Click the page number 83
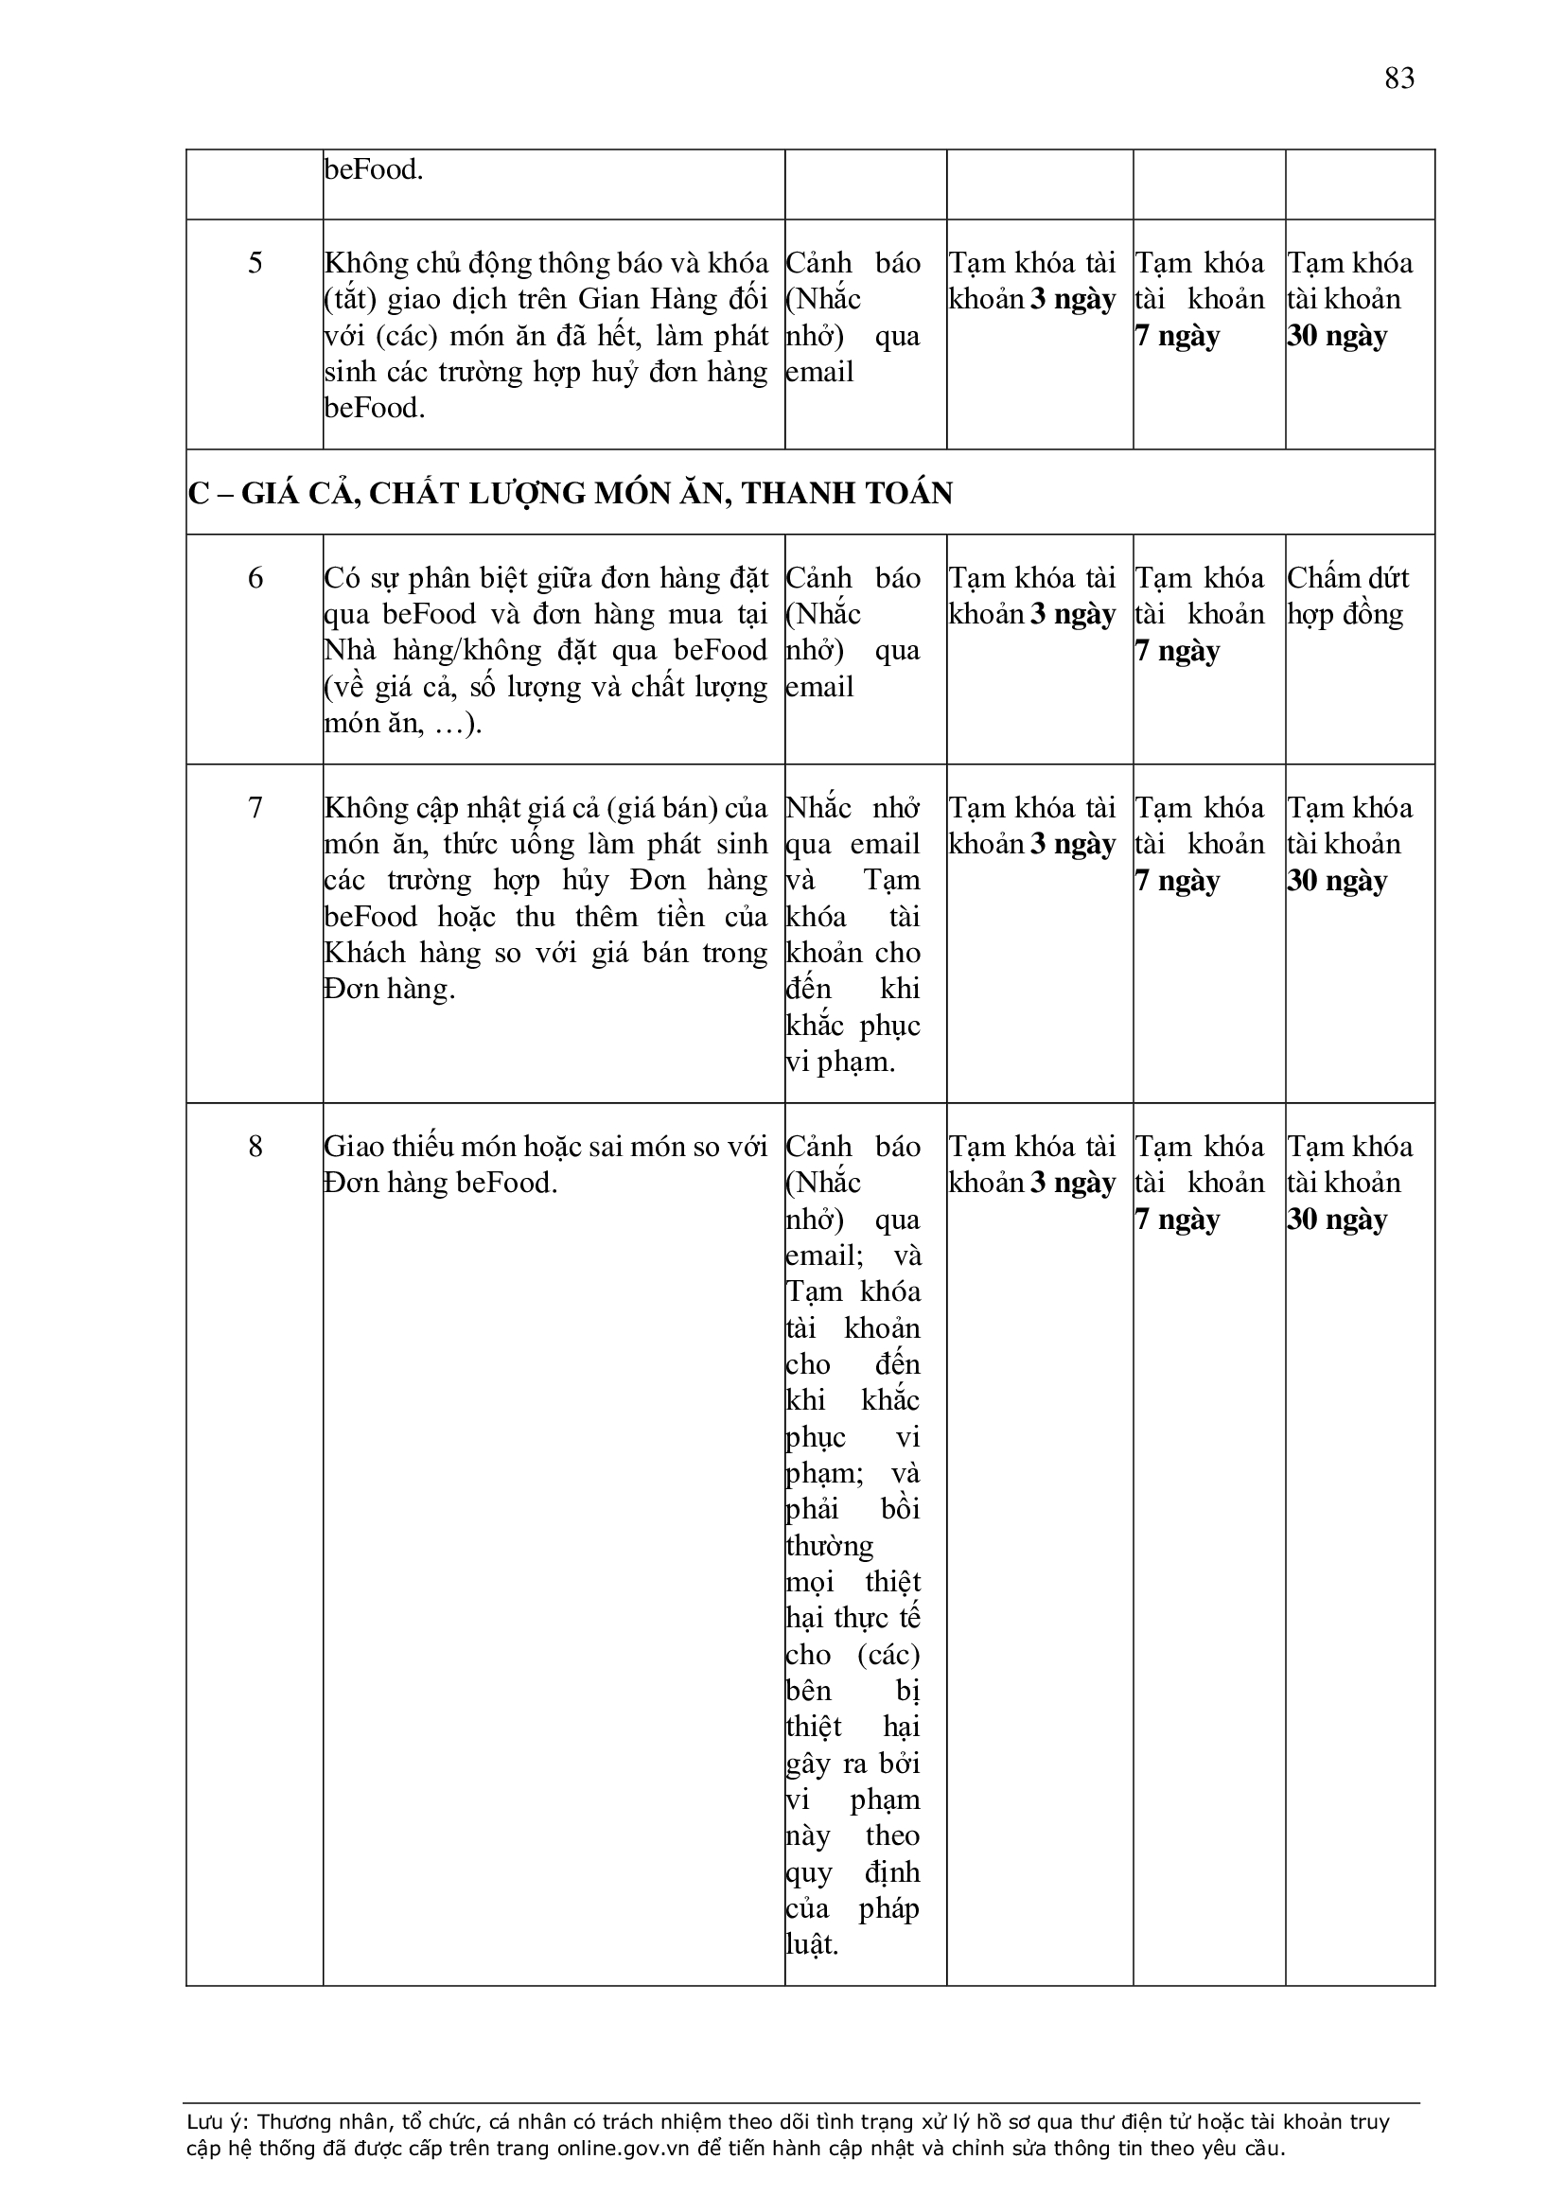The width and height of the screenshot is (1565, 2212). tap(1399, 78)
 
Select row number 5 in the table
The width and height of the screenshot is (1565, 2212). tap(255, 263)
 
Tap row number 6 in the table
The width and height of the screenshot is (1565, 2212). tap(255, 578)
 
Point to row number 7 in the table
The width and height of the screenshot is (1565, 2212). tap(255, 807)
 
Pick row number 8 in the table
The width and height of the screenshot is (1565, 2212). tap(255, 1147)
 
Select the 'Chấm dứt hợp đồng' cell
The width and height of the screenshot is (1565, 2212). tap(1347, 596)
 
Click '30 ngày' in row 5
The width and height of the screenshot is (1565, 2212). tap(1338, 336)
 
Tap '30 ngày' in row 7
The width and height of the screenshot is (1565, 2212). tap(1338, 882)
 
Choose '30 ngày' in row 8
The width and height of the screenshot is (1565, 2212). tap(1338, 1220)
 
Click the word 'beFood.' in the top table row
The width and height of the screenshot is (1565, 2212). tap(374, 170)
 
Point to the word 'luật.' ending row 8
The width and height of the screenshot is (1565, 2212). tap(813, 1944)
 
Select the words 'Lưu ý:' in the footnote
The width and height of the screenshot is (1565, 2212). tap(218, 2121)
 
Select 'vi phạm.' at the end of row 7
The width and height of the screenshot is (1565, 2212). tap(840, 1062)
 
